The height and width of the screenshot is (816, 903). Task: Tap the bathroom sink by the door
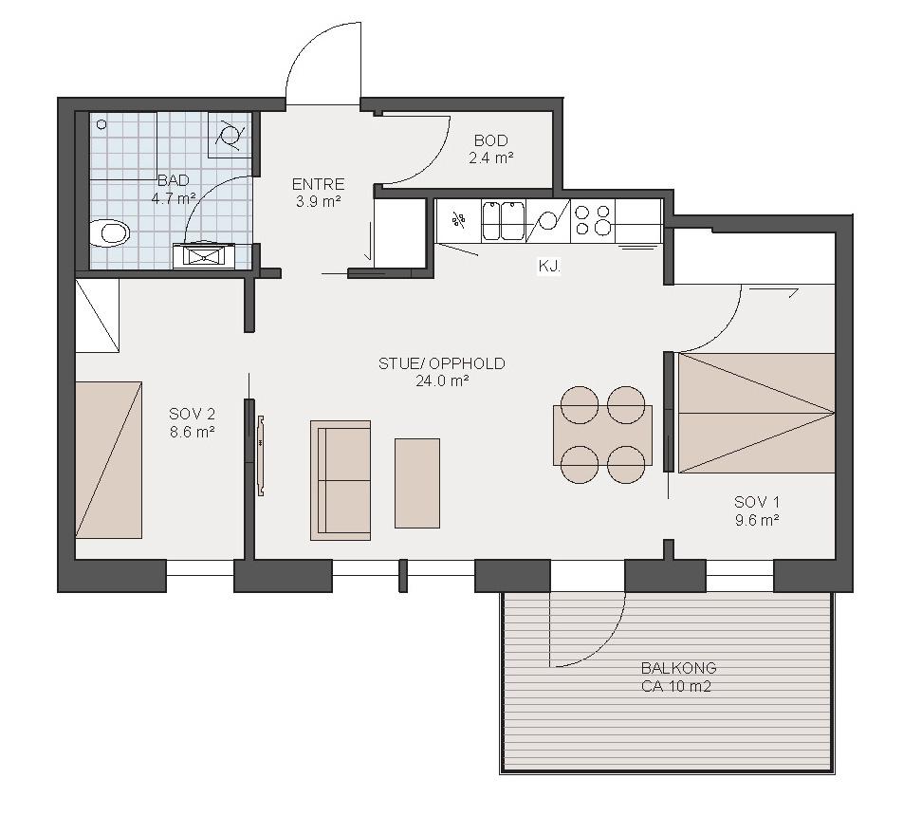[203, 255]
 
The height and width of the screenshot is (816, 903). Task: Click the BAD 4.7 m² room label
[174, 190]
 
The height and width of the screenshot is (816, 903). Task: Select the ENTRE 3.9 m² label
[318, 193]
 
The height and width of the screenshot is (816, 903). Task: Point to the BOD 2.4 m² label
[490, 149]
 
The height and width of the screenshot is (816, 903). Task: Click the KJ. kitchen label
[549, 267]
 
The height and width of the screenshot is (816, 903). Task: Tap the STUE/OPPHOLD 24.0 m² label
[442, 372]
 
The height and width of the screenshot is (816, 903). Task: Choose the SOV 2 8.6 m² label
[193, 422]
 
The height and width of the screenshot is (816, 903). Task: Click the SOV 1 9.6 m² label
[757, 510]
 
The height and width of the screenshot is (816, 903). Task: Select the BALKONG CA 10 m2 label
[678, 677]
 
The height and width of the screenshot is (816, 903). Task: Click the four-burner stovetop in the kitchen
[593, 221]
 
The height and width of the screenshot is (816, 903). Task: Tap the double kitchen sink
[504, 221]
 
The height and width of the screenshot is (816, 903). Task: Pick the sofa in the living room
[341, 480]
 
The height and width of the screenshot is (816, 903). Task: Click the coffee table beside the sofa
[417, 483]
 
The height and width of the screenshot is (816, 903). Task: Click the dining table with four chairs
[602, 436]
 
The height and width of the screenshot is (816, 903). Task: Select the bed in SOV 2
[109, 460]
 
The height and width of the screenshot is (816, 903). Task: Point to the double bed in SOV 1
[757, 413]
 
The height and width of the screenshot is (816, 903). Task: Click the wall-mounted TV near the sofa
[261, 455]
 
